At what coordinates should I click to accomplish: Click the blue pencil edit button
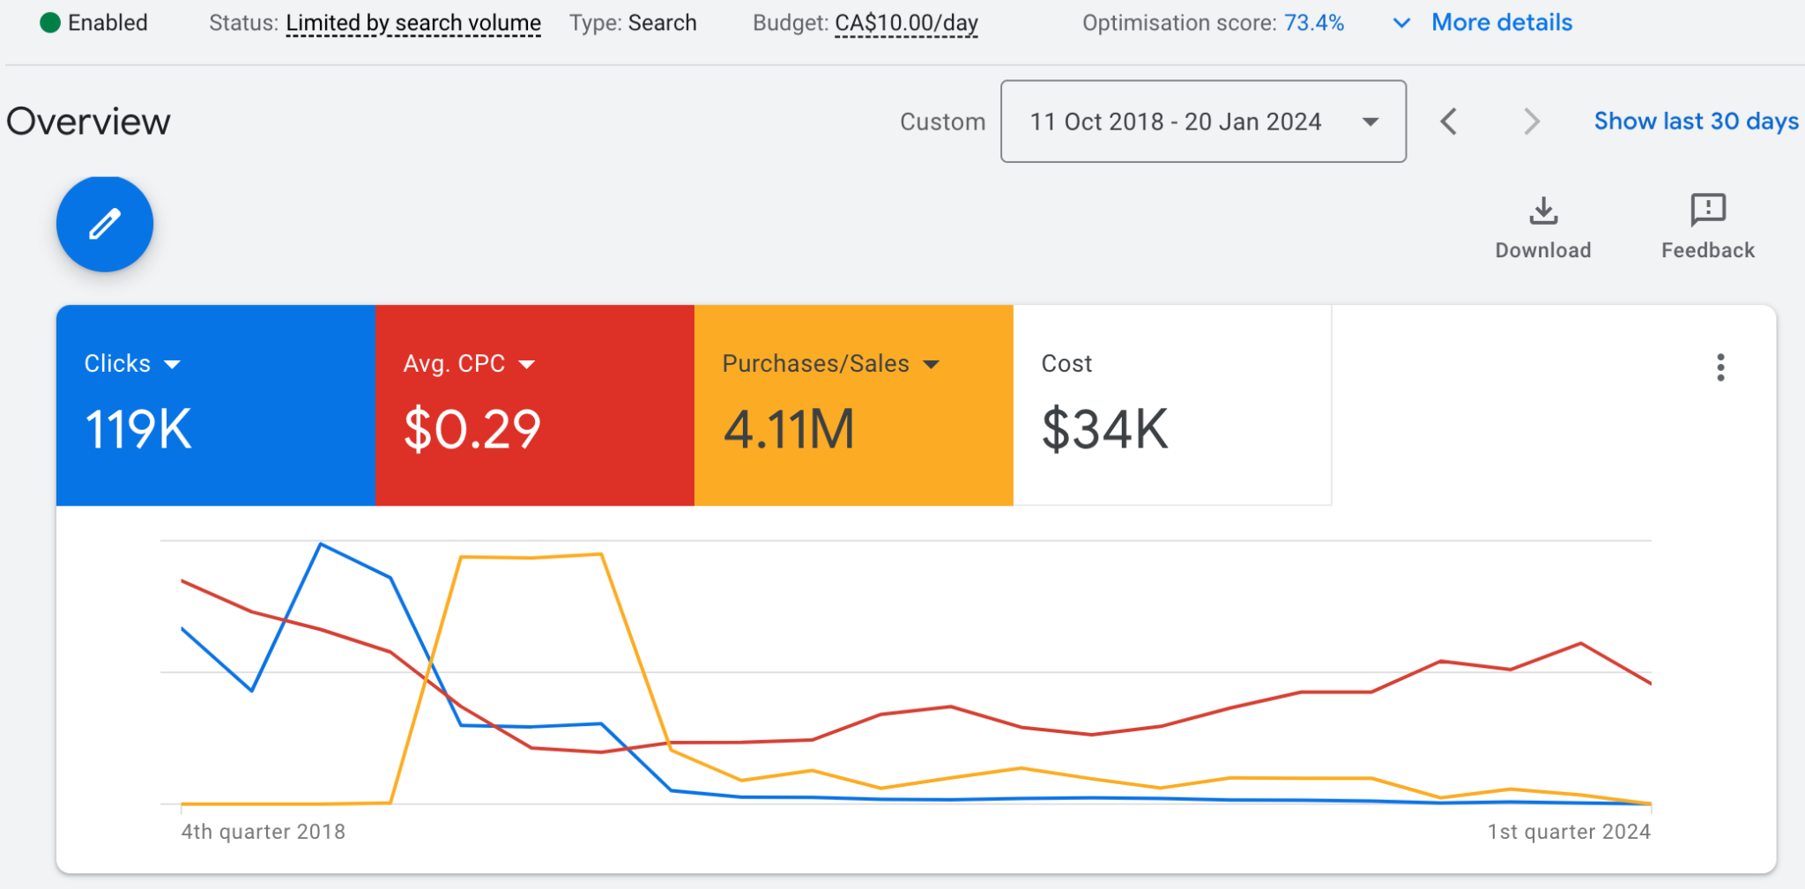coord(105,224)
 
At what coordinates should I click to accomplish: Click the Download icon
coord(1542,211)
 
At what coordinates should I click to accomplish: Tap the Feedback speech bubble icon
coord(1707,210)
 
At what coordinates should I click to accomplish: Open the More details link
coord(1501,23)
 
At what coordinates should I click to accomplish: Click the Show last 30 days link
coord(1696,121)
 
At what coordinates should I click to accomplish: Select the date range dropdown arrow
coord(1370,122)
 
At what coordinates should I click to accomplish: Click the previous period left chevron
coord(1448,122)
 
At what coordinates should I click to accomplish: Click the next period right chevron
coord(1532,122)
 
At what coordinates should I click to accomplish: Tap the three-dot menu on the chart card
coord(1720,367)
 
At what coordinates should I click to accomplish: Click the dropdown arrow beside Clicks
coord(173,365)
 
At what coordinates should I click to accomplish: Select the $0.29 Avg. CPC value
coord(472,430)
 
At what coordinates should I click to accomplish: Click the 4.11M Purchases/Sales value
coord(789,430)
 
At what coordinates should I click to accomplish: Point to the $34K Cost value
coord(1104,430)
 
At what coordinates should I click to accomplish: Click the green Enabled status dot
coord(50,23)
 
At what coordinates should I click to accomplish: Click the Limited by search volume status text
coord(412,23)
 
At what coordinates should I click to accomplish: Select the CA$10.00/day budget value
coord(906,23)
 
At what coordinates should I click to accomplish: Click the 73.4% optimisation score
coord(1313,23)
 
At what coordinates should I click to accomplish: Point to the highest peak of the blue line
coord(322,545)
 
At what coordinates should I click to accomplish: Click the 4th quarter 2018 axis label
coord(263,832)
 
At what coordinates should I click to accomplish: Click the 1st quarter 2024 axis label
coord(1568,832)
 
